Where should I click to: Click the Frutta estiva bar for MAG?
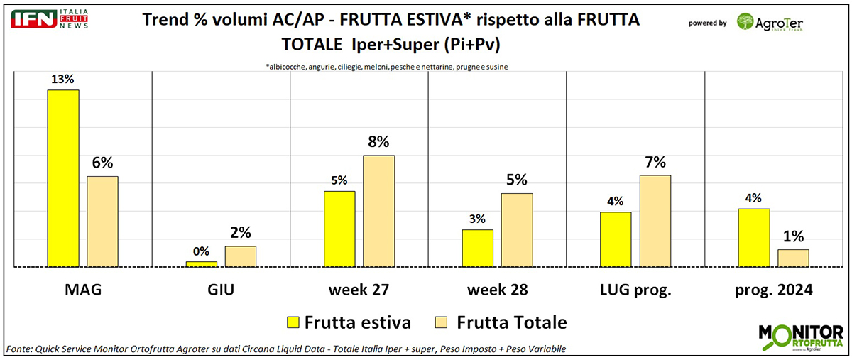[62, 178]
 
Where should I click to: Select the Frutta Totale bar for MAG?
[102, 222]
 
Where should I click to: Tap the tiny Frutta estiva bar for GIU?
[201, 264]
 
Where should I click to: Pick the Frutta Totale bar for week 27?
[378, 211]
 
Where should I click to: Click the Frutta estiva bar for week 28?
[476, 248]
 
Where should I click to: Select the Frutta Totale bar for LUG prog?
[655, 221]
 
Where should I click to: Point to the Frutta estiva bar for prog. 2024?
[753, 238]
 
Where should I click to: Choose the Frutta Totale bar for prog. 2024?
[793, 258]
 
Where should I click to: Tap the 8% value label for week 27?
[378, 141]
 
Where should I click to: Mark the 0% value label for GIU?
[201, 251]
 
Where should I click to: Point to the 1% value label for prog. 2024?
[793, 236]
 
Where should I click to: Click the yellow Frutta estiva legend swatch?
[291, 323]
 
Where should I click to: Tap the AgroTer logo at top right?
[770, 22]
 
